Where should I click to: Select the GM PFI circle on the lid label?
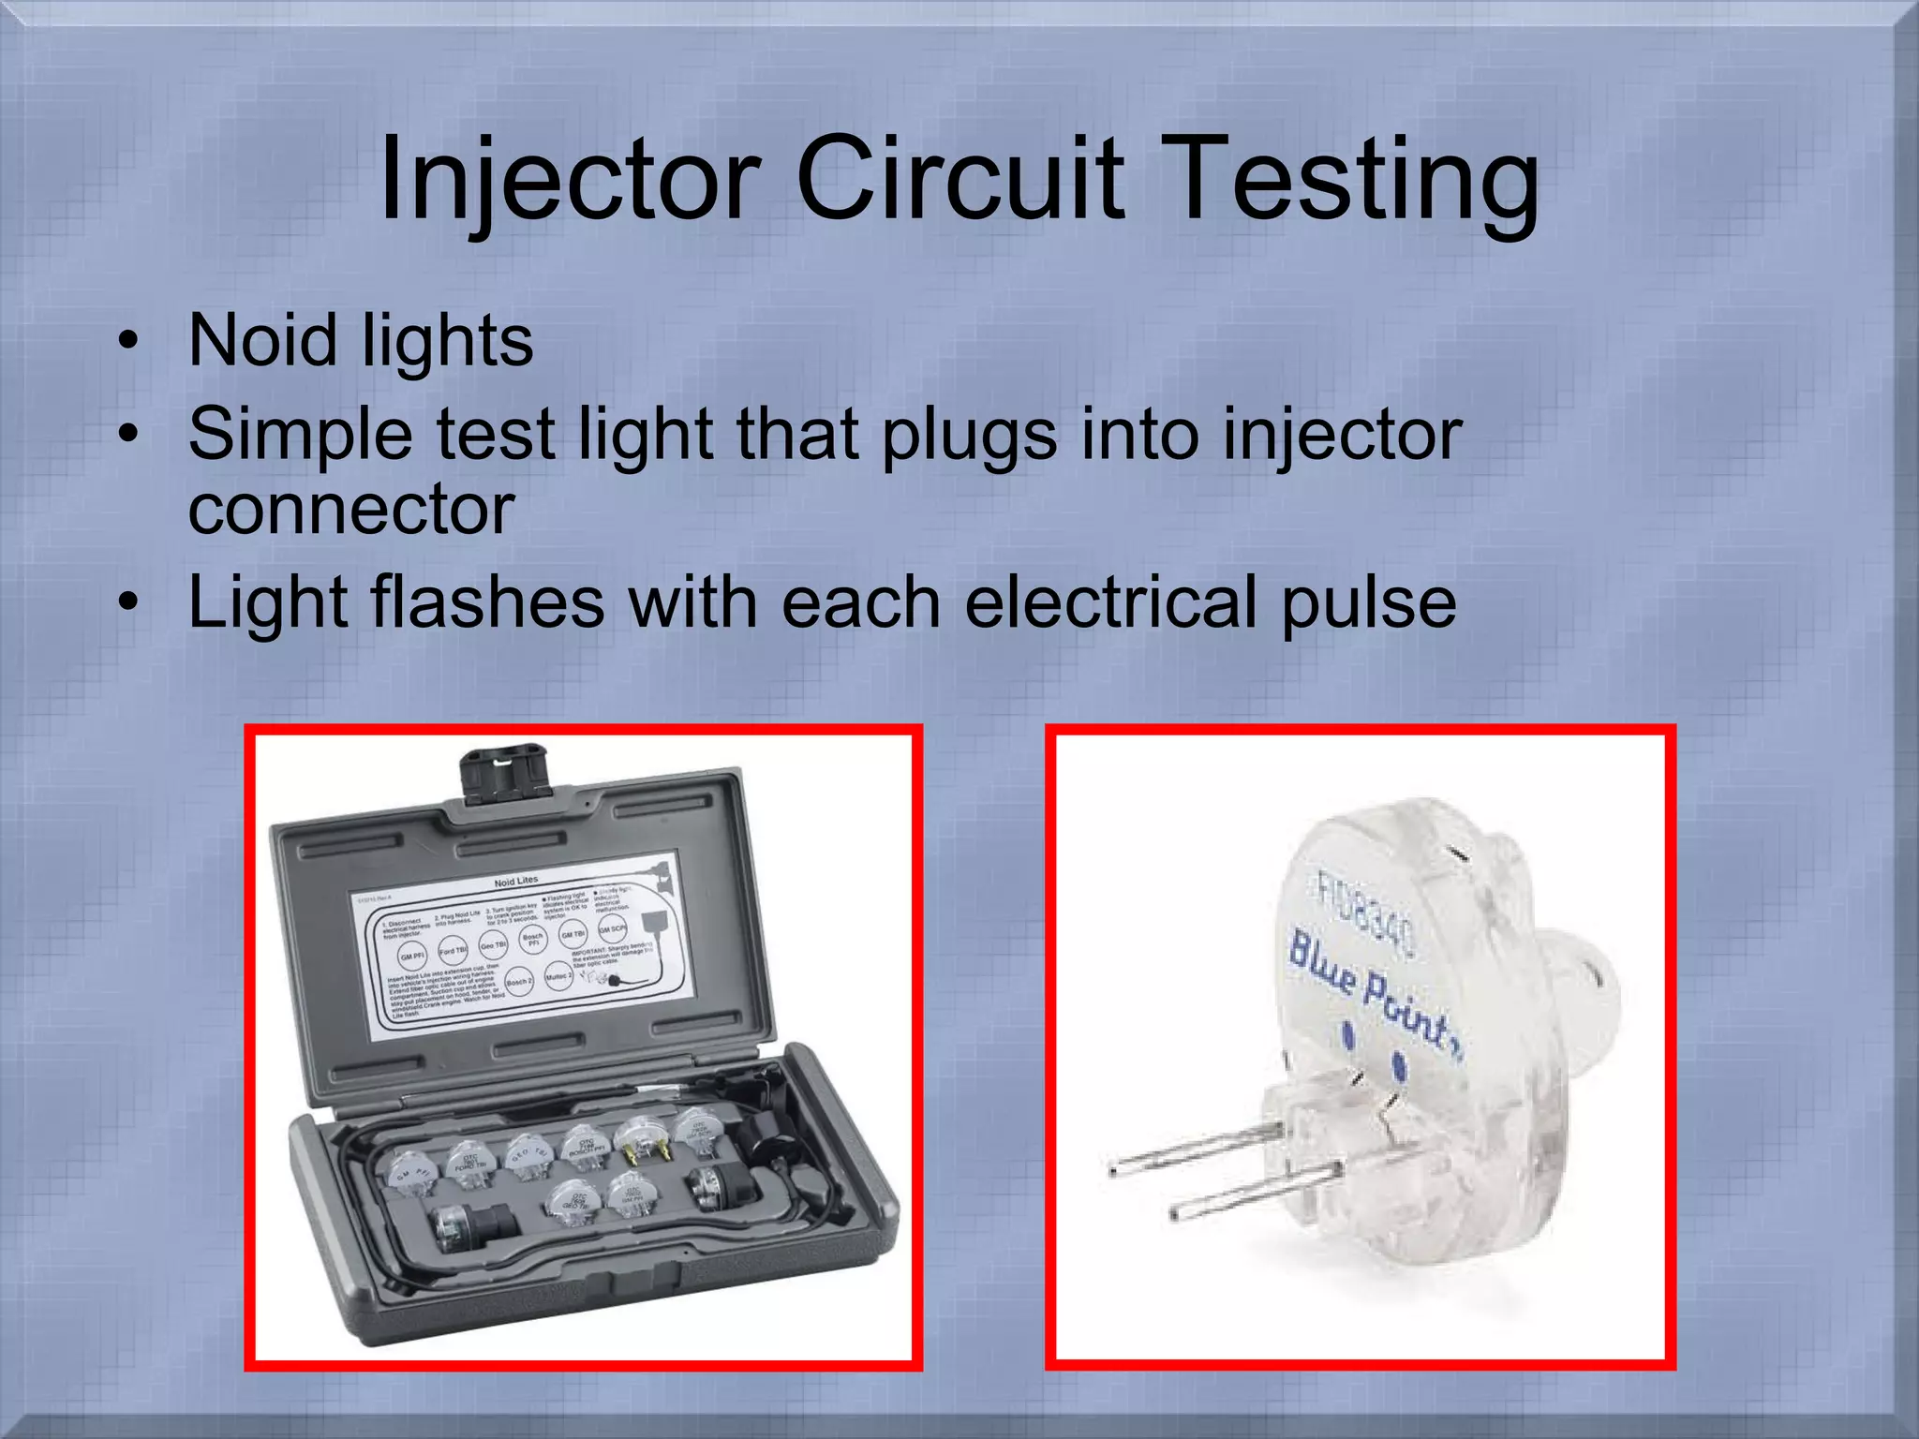tap(412, 957)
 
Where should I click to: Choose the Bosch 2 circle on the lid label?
tap(518, 982)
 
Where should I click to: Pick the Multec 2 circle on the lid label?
tap(558, 976)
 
